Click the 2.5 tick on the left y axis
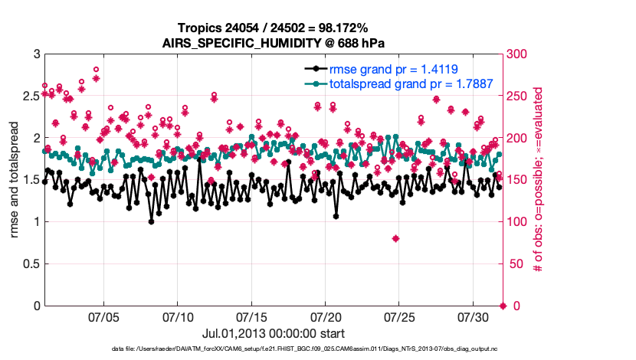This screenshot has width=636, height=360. (29, 97)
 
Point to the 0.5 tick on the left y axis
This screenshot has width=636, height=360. (29, 264)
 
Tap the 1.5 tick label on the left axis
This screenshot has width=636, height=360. (29, 180)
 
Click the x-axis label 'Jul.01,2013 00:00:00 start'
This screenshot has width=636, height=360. (273, 333)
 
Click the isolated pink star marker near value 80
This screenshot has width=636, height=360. (395, 239)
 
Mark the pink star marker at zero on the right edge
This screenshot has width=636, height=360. (503, 306)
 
